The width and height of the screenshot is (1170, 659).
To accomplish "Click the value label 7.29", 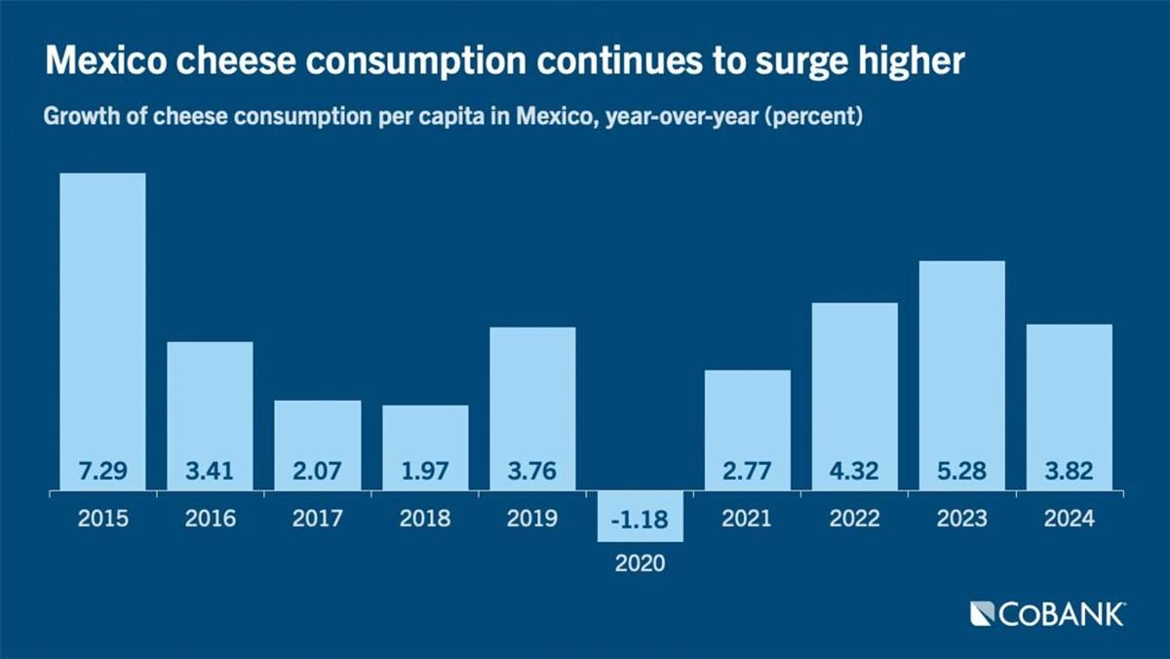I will (x=102, y=472).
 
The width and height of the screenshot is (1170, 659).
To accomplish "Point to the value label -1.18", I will (x=640, y=520).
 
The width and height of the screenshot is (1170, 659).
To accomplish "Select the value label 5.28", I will (x=961, y=472).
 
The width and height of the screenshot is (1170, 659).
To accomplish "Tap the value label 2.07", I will (x=317, y=472).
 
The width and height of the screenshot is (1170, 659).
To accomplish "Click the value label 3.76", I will (x=532, y=472).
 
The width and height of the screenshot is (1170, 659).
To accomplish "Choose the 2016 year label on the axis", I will (x=210, y=519).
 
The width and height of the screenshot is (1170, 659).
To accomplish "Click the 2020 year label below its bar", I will (x=640, y=563).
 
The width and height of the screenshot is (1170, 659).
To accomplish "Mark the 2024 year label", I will (x=1069, y=519).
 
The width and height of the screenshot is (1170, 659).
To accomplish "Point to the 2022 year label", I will (x=854, y=519).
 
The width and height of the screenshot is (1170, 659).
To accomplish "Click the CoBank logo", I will (x=1047, y=614).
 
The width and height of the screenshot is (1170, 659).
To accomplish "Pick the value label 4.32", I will (x=854, y=472).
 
